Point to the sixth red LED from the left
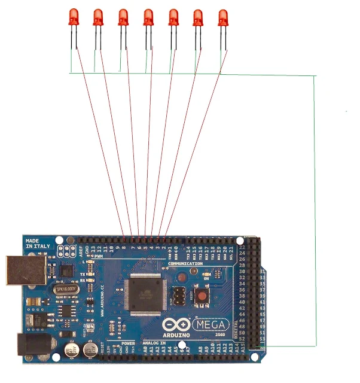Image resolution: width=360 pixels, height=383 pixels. (198, 17)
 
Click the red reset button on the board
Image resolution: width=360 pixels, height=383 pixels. (202, 296)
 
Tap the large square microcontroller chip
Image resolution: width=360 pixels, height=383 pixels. (145, 294)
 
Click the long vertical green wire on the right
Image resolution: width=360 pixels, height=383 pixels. (315, 209)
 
